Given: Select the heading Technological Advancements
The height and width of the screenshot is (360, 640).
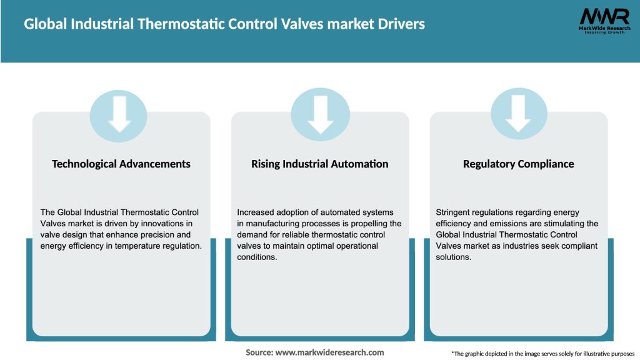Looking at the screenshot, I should click(121, 164).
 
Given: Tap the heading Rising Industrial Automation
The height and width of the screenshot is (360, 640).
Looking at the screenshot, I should click(320, 164).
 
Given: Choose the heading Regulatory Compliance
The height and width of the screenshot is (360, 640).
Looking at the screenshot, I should click(518, 164).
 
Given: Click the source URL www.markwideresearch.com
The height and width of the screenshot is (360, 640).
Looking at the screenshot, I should click(329, 352).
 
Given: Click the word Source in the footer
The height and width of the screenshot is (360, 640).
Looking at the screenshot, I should click(258, 352).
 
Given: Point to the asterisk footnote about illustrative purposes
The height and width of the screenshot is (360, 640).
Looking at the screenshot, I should click(542, 354).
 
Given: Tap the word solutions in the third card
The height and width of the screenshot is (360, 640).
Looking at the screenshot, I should click(453, 257).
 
